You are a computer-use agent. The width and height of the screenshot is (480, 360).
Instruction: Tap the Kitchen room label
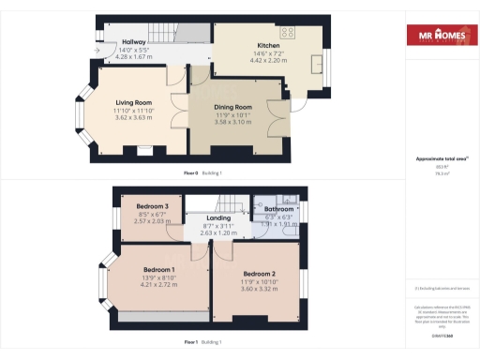(268, 45)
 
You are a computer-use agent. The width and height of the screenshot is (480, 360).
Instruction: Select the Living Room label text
(133, 102)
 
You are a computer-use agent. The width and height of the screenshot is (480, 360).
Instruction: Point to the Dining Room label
(233, 108)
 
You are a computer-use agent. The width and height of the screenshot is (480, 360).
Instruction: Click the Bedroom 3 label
(152, 206)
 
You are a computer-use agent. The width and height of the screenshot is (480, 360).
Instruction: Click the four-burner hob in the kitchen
(287, 32)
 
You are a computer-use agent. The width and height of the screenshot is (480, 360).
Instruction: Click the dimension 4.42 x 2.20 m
(268, 61)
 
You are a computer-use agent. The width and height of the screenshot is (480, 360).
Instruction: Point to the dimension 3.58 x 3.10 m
(233, 122)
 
